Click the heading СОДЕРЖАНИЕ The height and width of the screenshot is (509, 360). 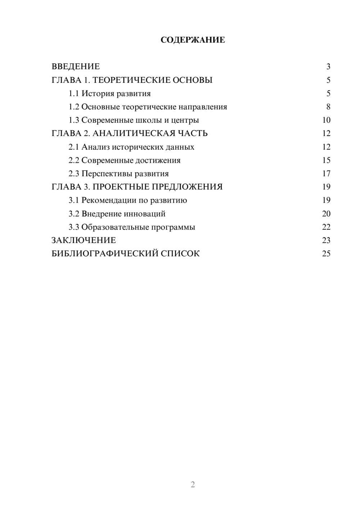(x=193, y=40)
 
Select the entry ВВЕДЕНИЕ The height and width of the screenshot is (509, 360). (x=76, y=67)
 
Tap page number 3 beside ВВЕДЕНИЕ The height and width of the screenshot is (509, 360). (x=328, y=67)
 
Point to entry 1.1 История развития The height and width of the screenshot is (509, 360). (x=109, y=94)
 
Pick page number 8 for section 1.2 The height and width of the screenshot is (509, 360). (x=328, y=107)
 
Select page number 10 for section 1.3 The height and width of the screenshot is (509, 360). (x=326, y=120)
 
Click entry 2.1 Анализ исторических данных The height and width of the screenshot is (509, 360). (x=131, y=147)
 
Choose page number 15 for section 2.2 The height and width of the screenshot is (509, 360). (x=326, y=160)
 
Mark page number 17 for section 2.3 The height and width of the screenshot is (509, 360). (x=326, y=174)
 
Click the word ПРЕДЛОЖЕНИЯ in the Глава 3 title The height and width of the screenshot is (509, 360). (x=187, y=187)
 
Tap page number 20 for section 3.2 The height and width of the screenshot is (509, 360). (x=326, y=214)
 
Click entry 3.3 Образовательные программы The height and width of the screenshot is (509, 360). (x=132, y=227)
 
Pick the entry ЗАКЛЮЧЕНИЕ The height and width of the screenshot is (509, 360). (x=84, y=240)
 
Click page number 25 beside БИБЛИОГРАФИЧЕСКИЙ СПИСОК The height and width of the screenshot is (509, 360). (x=326, y=254)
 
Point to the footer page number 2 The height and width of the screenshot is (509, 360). (x=193, y=485)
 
